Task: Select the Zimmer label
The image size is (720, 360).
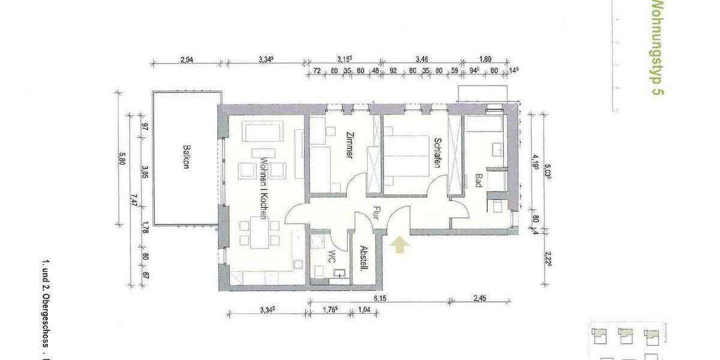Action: point(349,145)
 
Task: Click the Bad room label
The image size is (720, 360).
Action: point(478,181)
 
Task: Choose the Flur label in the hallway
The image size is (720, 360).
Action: point(375,212)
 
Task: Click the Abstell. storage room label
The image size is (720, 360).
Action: point(362,259)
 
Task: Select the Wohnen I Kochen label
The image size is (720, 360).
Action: point(263,184)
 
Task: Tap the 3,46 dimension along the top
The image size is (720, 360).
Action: point(422,59)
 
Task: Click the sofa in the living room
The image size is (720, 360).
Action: point(262,131)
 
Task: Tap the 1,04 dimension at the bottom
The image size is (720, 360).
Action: point(364,310)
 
